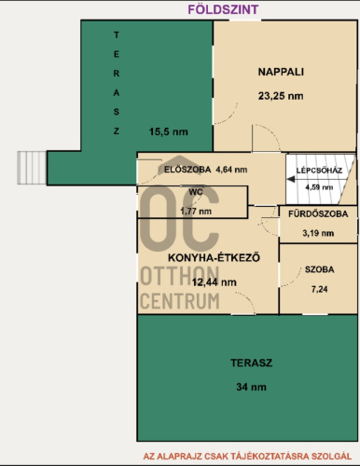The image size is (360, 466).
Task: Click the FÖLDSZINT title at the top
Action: coord(223,9)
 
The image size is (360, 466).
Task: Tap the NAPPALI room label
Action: coord(281,72)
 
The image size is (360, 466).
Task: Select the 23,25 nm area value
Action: coord(281,96)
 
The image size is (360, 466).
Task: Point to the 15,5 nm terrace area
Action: coord(169,131)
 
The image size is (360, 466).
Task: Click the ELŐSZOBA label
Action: coord(187,170)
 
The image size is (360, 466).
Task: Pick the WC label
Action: coord(196,192)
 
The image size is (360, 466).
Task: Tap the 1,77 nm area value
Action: coord(196,212)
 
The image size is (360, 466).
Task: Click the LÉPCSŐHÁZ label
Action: coord(319,171)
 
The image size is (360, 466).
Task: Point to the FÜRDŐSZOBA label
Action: coord(318,213)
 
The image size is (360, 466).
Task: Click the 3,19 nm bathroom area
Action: coord(318,233)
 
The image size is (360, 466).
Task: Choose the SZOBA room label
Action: coord(320,269)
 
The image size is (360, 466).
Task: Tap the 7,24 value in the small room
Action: coord(320,289)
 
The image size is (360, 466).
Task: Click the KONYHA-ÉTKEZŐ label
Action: coord(214,257)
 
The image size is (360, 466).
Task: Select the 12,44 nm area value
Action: coord(215,282)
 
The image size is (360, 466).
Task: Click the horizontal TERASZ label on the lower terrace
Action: coord(252,363)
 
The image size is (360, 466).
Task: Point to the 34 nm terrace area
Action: coord(251,387)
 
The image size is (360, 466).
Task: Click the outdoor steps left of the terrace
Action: coord(32,168)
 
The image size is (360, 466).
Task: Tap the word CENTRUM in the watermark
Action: coord(180,301)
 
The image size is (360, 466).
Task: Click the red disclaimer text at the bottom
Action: coord(247,457)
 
